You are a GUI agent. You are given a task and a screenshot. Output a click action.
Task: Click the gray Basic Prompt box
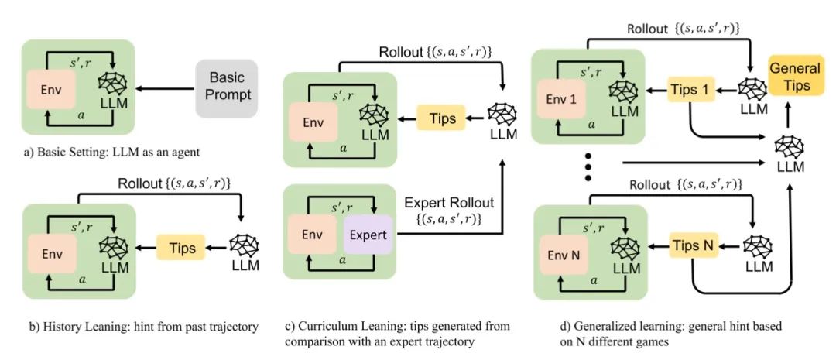(227, 88)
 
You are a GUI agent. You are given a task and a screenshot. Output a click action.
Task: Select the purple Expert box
(368, 234)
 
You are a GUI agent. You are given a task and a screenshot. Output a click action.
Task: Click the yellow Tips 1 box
(691, 90)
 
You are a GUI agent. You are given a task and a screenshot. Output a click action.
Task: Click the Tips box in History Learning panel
(181, 248)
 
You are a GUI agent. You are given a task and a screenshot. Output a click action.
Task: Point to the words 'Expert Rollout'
(449, 203)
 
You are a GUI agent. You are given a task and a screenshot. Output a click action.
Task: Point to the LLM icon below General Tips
(790, 145)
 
